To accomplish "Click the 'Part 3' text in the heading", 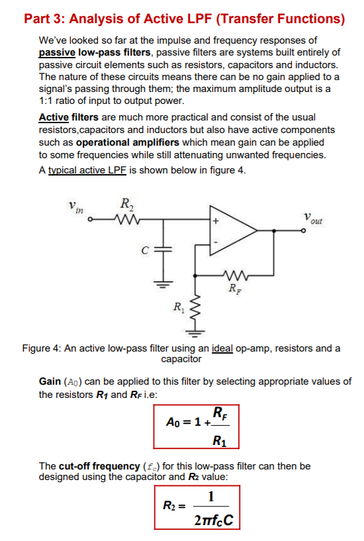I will (45, 18).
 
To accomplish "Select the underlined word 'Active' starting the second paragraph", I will (54, 118).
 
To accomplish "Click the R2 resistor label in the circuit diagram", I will (125, 204).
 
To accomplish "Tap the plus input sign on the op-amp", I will (215, 221).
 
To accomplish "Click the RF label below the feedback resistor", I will (234, 289).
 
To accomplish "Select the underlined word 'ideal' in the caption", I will (224, 348).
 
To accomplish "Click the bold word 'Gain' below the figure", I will (50, 382).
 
